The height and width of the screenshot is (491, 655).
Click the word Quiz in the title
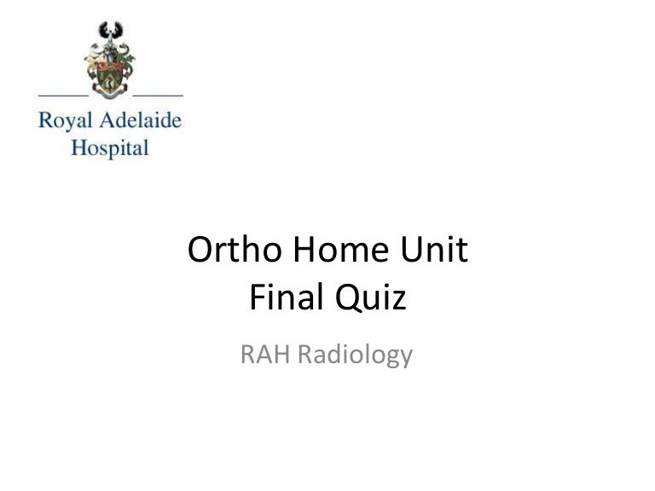click(x=371, y=299)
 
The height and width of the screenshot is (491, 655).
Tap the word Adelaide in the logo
click(x=135, y=121)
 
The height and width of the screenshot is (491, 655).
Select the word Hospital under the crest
click(x=109, y=147)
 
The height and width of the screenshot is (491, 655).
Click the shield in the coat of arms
click(x=110, y=78)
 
